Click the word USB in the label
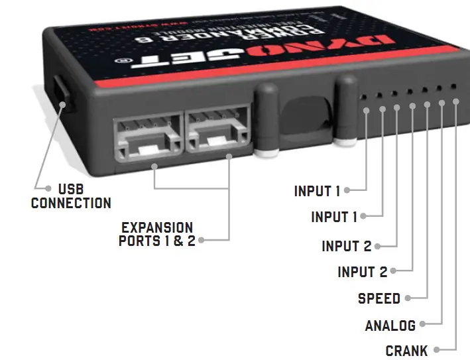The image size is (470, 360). pos(71,190)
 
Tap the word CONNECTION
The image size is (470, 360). pos(71,204)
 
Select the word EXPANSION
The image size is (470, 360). pos(157,228)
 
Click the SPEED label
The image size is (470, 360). pos(379,298)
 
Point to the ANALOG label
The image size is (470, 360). pos(390,326)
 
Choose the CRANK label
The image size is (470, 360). pos(407,351)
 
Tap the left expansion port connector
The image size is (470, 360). pos(147,136)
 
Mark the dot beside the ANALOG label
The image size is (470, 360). pos(422,324)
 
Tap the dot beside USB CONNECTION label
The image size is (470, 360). pos(48,189)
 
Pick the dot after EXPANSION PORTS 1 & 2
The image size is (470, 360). pos(201,240)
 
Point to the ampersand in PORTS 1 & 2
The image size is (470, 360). pos(178,241)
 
